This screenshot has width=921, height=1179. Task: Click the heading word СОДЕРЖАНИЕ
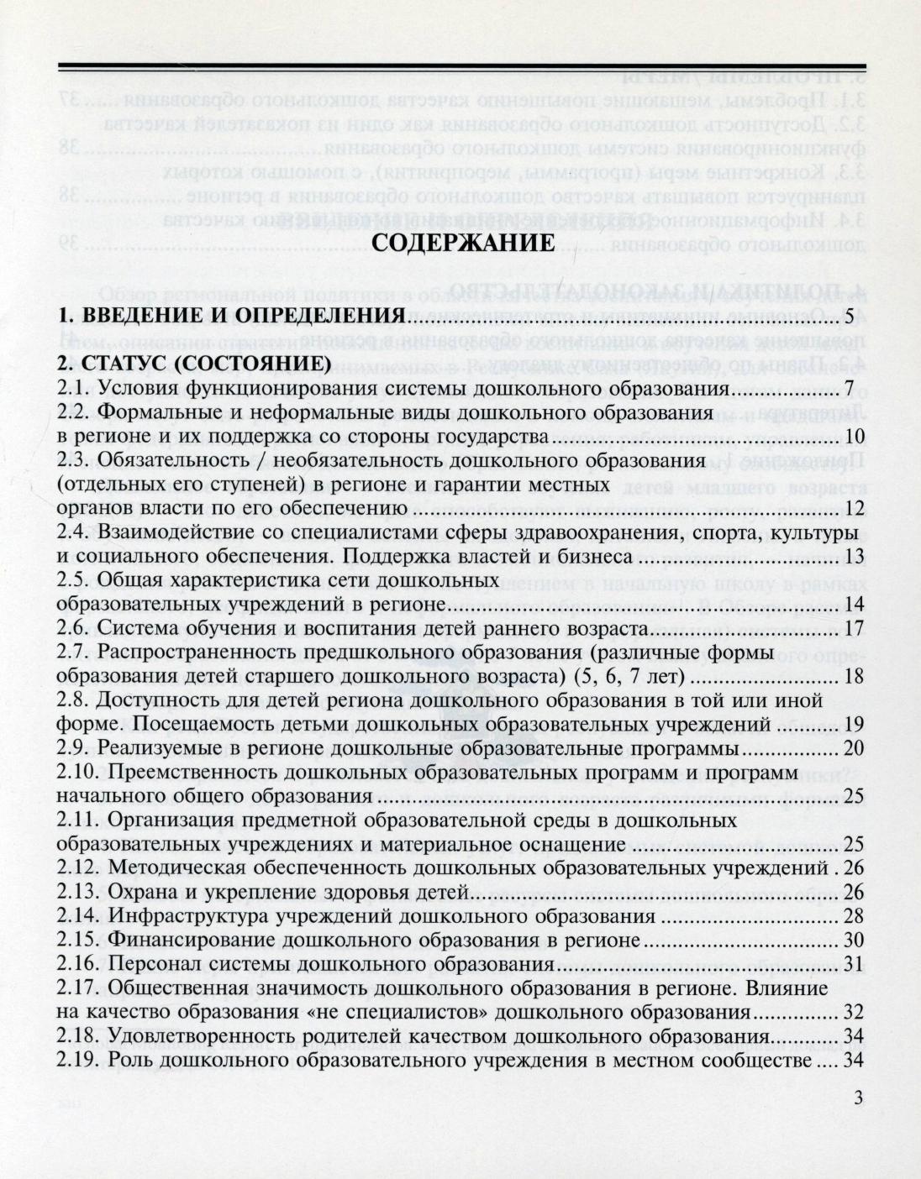tap(462, 244)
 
